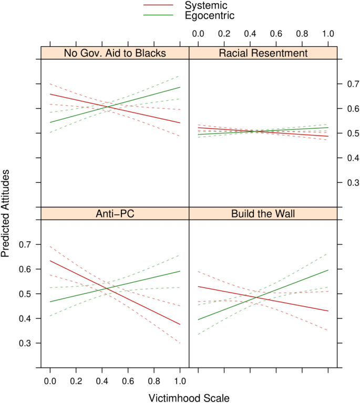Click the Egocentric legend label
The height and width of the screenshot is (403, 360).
(209, 15)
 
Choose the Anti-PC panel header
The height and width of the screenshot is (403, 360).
(115, 214)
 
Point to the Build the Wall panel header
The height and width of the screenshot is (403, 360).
(263, 214)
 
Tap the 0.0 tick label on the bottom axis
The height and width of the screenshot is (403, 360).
(50, 378)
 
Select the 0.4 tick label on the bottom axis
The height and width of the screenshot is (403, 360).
(101, 378)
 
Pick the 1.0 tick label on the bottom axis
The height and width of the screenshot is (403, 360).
(180, 378)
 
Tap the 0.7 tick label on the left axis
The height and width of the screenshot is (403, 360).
(26, 244)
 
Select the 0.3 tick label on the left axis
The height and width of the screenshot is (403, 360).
(26, 343)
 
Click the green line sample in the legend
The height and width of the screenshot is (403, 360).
(158, 15)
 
